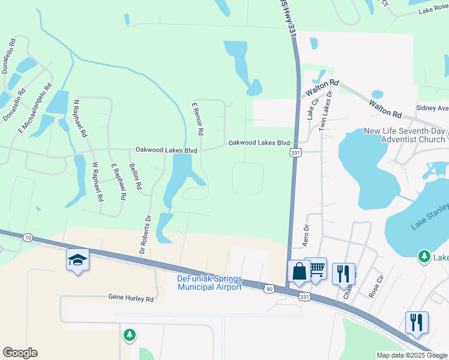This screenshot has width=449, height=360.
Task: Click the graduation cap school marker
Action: (78, 260)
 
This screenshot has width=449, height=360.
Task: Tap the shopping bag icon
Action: (298, 271)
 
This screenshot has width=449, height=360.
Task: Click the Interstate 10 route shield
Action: (28, 238)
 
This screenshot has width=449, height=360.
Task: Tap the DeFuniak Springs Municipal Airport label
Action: (209, 283)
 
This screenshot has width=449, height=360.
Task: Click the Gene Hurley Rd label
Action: (131, 298)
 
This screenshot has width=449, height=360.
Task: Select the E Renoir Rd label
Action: (198, 118)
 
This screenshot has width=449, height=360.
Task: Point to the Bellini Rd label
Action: (134, 178)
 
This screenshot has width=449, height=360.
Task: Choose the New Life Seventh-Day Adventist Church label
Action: (405, 135)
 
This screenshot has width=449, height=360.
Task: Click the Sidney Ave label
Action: (432, 109)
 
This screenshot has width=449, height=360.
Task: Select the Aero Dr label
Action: (306, 235)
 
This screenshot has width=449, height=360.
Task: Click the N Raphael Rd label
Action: (80, 119)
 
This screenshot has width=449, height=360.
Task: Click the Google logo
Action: (20, 353)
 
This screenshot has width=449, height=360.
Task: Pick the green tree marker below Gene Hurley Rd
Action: (130, 335)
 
